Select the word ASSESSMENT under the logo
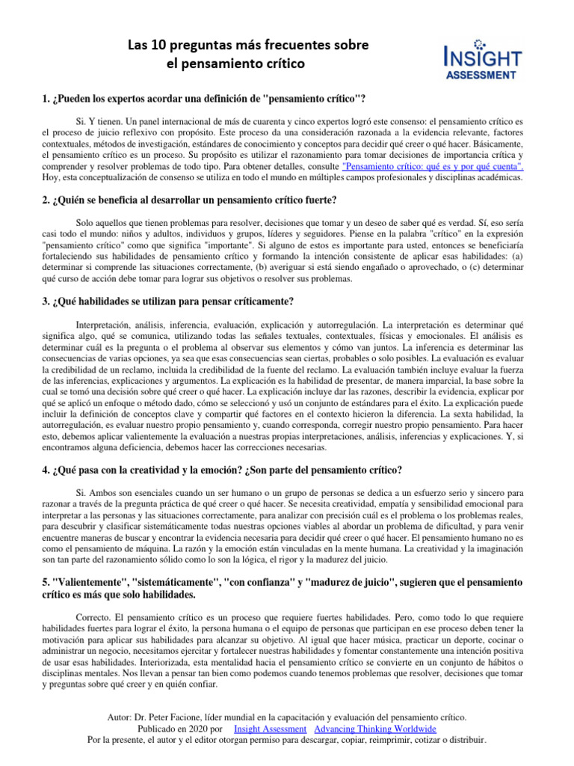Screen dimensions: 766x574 click(480, 75)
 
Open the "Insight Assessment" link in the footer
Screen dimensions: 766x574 click(270, 729)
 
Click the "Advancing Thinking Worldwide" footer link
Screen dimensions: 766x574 click(375, 729)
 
